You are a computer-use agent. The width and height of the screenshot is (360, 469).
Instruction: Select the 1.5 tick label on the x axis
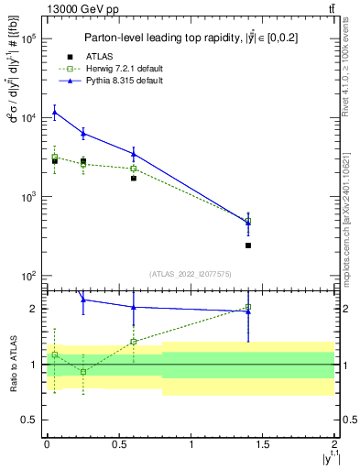pyautogui.click(x=263, y=445)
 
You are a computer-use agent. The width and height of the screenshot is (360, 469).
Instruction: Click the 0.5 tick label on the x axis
pyautogui.click(x=119, y=445)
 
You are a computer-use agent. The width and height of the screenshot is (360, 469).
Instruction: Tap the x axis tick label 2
pyautogui.click(x=335, y=445)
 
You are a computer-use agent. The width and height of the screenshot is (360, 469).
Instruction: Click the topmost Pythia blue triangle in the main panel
pyautogui.click(x=55, y=113)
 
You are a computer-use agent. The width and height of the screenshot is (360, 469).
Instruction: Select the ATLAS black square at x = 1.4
pyautogui.click(x=248, y=245)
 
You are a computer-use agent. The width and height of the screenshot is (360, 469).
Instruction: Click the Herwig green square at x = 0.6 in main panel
pyautogui.click(x=134, y=169)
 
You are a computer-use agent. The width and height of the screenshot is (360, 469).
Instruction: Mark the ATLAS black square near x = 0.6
pyautogui.click(x=134, y=179)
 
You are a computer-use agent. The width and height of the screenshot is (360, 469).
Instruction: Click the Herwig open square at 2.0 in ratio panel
pyautogui.click(x=248, y=308)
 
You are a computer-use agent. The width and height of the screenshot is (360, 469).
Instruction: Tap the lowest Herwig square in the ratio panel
pyautogui.click(x=83, y=372)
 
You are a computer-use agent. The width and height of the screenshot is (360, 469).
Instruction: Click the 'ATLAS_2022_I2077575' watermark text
pyautogui.click(x=191, y=273)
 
